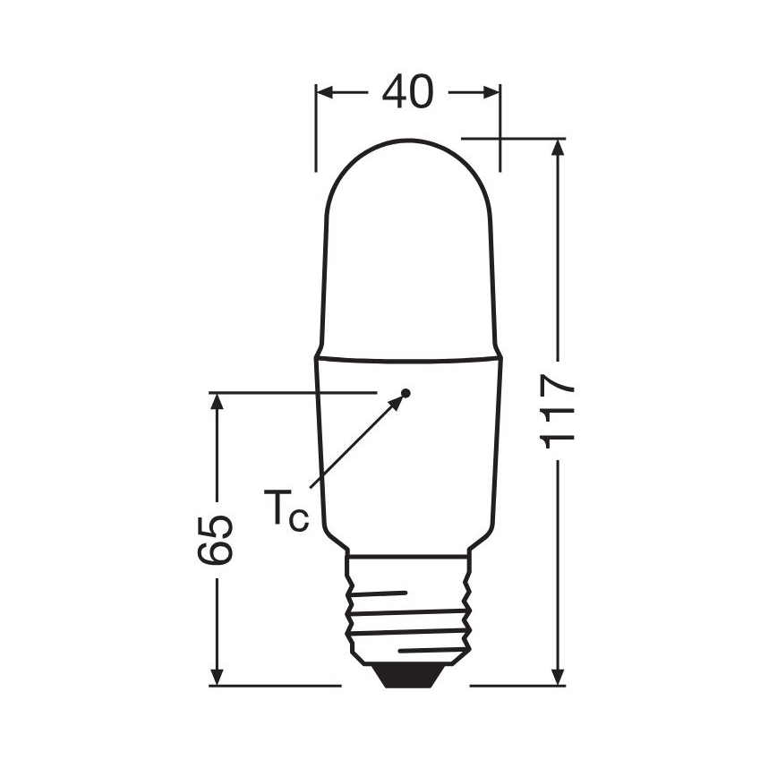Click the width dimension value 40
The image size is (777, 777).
(x=407, y=91)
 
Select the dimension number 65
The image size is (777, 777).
(x=217, y=539)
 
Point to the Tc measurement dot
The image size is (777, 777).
(x=406, y=392)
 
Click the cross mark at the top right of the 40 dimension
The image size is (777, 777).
(x=499, y=139)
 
